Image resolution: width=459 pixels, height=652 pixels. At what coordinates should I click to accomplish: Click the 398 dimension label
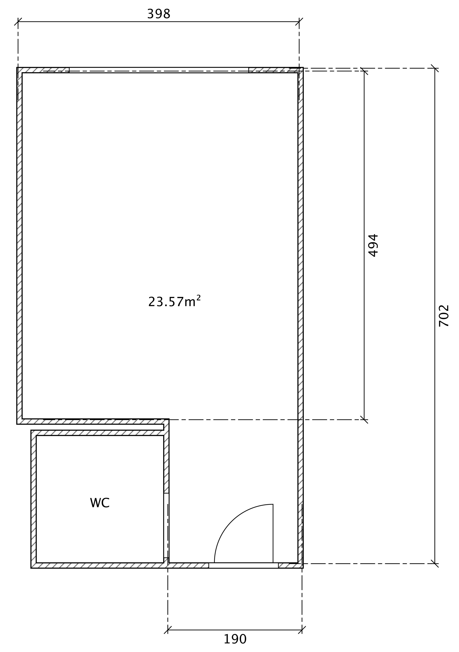(159, 14)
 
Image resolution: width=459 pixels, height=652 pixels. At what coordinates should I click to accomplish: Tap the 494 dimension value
(373, 245)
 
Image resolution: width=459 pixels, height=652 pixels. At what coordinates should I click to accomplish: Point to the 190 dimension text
(235, 639)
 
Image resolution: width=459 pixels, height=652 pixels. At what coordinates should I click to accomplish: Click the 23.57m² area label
(175, 301)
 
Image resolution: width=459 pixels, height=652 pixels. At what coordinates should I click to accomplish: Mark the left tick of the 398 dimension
(18, 22)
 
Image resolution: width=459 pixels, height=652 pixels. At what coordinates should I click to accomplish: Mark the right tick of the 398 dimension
(299, 22)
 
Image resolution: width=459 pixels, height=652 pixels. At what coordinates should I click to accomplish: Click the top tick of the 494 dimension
(364, 71)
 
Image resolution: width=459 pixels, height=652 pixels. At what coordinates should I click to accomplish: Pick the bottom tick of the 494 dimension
(364, 420)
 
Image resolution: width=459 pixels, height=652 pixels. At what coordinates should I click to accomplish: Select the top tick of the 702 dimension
(435, 68)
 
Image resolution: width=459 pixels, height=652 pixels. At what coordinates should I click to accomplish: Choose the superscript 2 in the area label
(199, 298)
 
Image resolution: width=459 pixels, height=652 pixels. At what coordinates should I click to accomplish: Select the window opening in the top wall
(159, 70)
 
